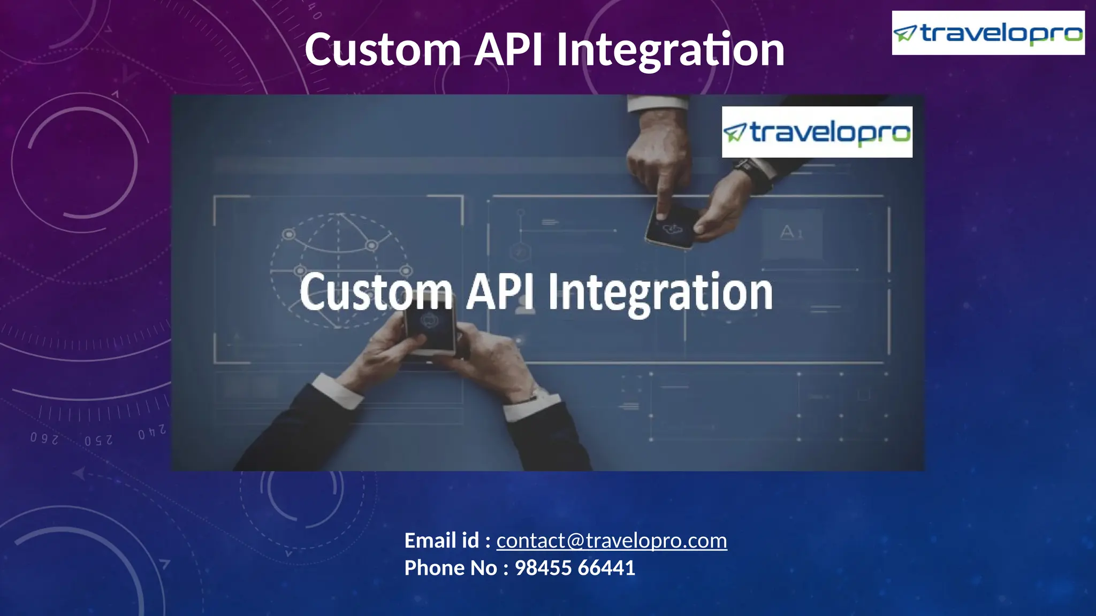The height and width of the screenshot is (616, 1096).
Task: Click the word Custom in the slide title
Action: coord(383,49)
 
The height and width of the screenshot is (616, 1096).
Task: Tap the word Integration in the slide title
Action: coord(670,50)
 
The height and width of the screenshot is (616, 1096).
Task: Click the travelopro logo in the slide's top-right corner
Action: coord(988,33)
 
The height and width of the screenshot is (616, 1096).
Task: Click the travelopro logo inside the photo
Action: coord(817,132)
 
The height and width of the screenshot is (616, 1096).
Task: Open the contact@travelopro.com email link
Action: coord(611,541)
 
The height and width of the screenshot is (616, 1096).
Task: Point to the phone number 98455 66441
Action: coord(575,568)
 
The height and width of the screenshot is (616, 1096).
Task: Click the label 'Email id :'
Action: coord(447,541)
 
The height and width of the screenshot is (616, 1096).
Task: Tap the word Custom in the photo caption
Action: coord(376,292)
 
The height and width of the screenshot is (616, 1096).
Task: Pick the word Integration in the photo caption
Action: coord(660,294)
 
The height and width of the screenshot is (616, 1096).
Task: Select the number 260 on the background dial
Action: coord(44,439)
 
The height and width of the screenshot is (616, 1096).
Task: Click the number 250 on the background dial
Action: coord(98,441)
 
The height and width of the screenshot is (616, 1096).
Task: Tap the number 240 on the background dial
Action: coord(151,433)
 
